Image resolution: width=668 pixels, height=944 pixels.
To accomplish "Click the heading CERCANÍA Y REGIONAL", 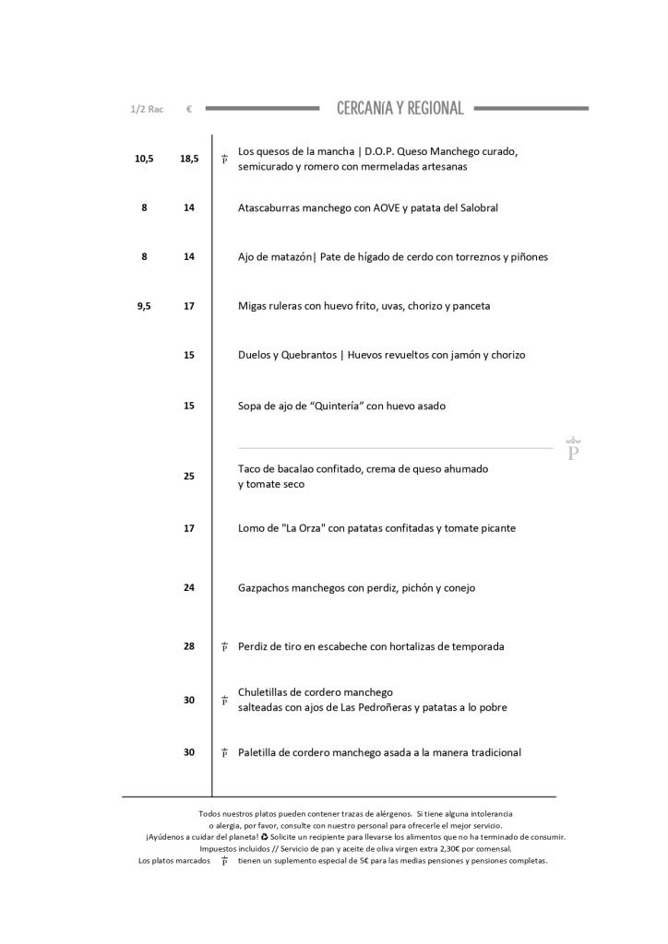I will click(400, 109).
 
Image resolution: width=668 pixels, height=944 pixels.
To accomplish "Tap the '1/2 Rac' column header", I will click(147, 110).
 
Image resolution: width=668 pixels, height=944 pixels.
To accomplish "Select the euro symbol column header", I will click(188, 110).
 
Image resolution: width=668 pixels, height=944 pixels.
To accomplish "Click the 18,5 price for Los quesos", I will click(189, 159).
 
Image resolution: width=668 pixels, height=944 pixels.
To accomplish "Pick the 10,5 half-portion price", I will click(144, 159).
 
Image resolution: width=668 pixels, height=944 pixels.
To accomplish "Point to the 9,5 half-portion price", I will click(144, 306).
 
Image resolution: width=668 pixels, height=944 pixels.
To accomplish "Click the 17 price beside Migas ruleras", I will click(189, 306).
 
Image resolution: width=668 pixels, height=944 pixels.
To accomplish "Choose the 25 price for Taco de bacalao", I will click(189, 477).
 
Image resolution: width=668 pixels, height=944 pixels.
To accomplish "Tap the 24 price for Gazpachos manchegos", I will click(189, 587).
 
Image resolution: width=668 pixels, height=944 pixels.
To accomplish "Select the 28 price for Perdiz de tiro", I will click(189, 646).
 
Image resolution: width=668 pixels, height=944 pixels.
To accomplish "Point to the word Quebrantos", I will click(309, 355).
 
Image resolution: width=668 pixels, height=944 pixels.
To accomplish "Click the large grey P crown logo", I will click(573, 450).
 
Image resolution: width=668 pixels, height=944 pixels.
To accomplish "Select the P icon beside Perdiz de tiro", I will click(224, 647).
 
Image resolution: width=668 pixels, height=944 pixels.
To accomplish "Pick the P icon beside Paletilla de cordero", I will click(224, 753).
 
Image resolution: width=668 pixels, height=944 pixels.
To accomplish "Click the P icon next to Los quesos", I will click(224, 159).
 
